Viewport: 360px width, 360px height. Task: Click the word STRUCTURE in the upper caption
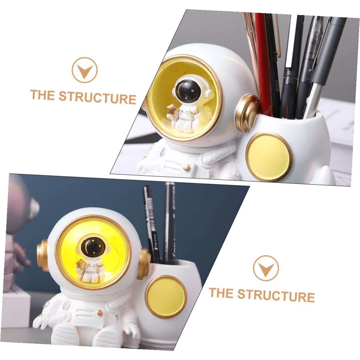[97, 97]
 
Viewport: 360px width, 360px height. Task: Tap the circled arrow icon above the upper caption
[84, 70]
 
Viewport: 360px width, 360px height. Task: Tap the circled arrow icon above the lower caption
[266, 268]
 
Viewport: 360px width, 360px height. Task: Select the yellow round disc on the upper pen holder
[269, 156]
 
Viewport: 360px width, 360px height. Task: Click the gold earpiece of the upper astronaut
[247, 113]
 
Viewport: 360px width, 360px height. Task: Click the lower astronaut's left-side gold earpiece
[42, 256]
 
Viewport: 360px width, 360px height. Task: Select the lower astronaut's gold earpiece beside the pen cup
[143, 263]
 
